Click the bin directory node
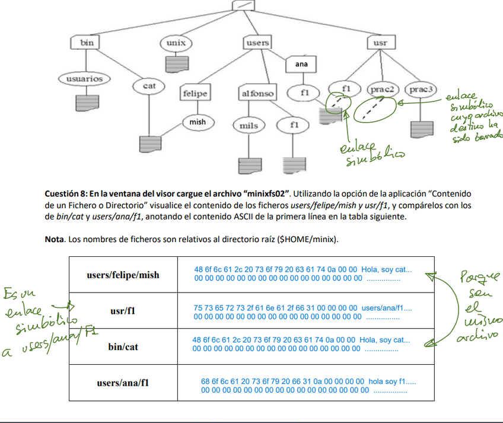(87, 43)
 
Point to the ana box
(301, 63)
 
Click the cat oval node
(149, 86)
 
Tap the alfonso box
(257, 94)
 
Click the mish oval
(198, 122)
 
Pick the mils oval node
(249, 126)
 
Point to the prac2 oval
(382, 90)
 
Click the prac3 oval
(422, 90)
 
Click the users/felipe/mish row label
(123, 275)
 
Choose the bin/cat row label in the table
(123, 346)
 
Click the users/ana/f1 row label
(123, 383)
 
